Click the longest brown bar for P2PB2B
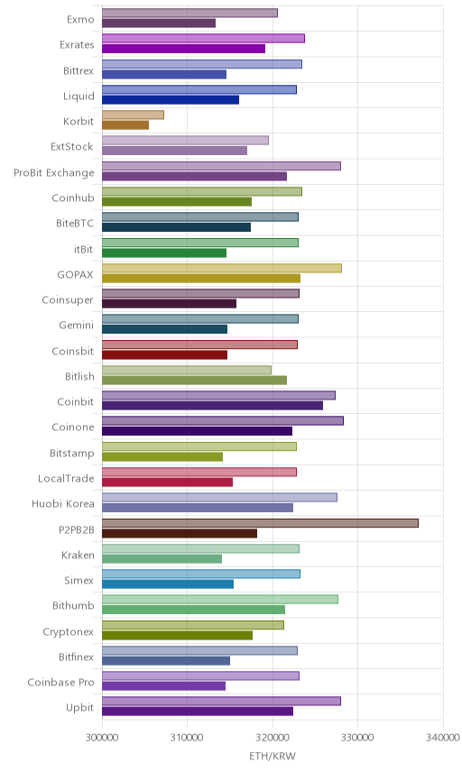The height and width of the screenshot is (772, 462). [260, 523]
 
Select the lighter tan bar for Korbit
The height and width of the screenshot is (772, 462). [133, 115]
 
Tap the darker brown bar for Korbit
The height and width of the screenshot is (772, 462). [125, 125]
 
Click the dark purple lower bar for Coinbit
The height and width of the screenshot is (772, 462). [212, 406]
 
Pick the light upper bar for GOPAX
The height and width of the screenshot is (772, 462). [222, 268]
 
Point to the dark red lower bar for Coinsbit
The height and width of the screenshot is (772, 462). [164, 354]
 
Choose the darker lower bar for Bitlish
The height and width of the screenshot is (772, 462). [194, 380]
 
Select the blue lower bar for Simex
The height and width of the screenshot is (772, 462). [168, 584]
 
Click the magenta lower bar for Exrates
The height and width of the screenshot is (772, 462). [184, 49]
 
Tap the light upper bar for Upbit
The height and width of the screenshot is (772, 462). [221, 701]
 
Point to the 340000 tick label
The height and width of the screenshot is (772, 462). [443, 738]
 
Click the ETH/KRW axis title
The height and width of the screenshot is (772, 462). [273, 757]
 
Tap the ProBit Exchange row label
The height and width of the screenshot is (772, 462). [53, 173]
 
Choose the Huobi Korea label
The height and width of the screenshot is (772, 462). [62, 503]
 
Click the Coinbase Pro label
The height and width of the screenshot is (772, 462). [60, 683]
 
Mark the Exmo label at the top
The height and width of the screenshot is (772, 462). [80, 20]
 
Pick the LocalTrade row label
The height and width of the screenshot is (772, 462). [66, 479]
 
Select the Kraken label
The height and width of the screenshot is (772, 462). [78, 556]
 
